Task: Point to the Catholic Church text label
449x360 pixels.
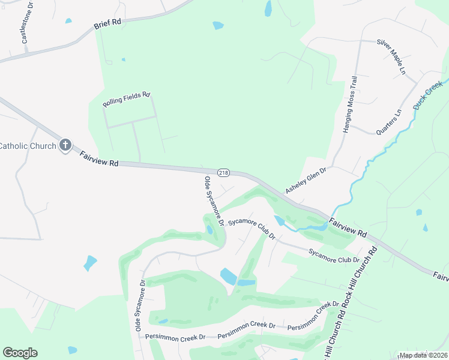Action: click(28, 145)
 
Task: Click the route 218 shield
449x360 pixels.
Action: click(223, 172)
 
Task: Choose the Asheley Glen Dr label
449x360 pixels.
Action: click(305, 180)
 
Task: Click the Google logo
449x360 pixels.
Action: click(20, 353)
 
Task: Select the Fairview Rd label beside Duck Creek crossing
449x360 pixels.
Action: click(348, 223)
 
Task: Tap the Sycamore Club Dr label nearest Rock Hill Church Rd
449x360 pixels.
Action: click(334, 256)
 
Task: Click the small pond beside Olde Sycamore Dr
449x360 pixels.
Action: click(209, 230)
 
